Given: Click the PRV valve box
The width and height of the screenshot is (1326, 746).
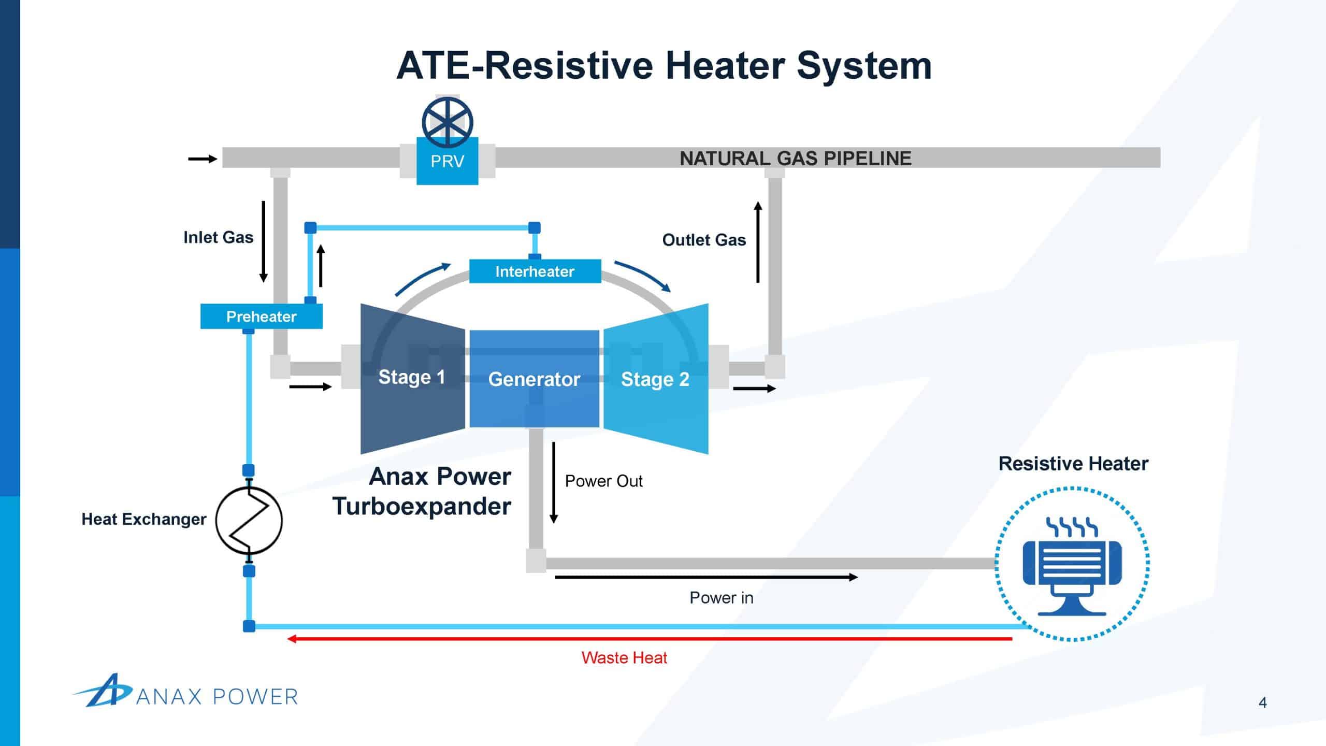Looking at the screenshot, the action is (448, 161).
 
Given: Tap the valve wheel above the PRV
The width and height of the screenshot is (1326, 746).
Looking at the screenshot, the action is (448, 122).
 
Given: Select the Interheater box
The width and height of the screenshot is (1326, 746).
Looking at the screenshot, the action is (535, 271).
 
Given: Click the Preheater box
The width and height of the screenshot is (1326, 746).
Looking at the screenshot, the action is (262, 316).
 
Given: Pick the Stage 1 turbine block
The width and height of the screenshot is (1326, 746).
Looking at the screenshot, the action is (413, 379).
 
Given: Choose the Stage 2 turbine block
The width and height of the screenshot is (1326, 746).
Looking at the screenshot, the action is (656, 379).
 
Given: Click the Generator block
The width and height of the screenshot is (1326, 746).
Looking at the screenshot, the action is (534, 379).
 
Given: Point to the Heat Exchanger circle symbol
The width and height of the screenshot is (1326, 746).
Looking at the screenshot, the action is (249, 520).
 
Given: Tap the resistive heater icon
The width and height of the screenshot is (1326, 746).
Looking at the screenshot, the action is (1072, 564).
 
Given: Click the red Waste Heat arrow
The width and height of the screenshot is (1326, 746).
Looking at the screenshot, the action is (650, 639).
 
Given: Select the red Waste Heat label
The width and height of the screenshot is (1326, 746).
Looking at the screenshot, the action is (624, 657).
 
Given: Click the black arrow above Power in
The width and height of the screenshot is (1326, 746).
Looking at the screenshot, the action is (707, 577).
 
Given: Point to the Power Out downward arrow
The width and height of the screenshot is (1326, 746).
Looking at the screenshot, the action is (554, 482).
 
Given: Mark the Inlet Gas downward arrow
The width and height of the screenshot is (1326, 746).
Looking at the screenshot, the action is (263, 241).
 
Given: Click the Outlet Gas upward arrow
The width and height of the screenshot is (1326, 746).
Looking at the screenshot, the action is (758, 241).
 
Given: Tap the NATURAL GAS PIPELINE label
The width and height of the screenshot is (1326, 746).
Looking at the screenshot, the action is (795, 158).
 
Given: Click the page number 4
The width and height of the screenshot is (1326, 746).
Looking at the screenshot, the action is (1263, 702).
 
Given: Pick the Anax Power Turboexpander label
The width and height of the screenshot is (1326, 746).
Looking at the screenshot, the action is (422, 491).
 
